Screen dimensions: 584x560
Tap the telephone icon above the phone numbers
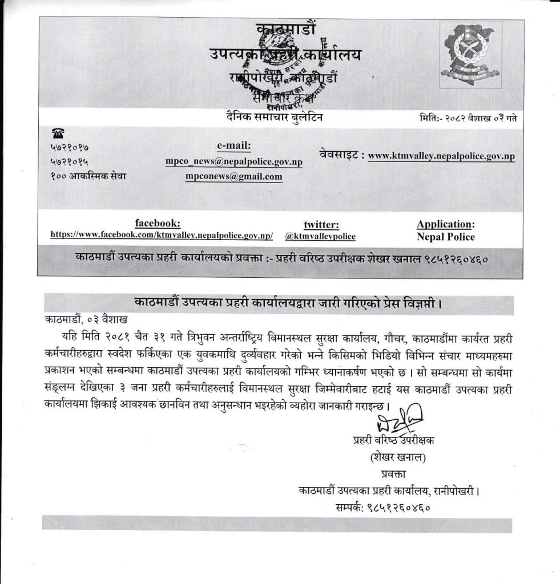pyautogui.click(x=57, y=133)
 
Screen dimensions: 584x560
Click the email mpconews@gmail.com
pyautogui.click(x=233, y=177)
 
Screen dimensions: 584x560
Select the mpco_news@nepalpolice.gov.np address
pyautogui.click(x=233, y=162)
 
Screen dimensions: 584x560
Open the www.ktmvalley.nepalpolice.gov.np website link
pyautogui.click(x=441, y=155)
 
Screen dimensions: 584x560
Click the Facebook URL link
pyautogui.click(x=162, y=235)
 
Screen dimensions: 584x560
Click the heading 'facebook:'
pyautogui.click(x=158, y=223)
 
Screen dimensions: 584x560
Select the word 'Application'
pyautogui.click(x=444, y=224)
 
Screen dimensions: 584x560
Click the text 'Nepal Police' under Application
pyautogui.click(x=445, y=237)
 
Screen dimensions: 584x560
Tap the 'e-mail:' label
pyautogui.click(x=234, y=145)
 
